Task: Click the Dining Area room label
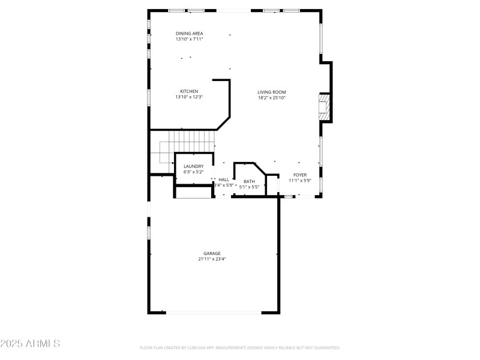tap(189, 33)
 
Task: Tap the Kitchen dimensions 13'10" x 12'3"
tap(189, 97)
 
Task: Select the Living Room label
tap(272, 92)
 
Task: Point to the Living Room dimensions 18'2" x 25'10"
tap(272, 98)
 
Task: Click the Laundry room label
tap(193, 166)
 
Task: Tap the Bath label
tap(249, 181)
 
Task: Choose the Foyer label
tap(300, 175)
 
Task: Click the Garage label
tap(212, 253)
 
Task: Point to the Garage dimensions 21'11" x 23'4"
tap(212, 259)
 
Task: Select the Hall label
tap(224, 179)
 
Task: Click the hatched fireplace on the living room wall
tap(324, 107)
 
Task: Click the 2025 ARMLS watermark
tap(30, 344)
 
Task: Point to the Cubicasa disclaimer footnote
tap(240, 347)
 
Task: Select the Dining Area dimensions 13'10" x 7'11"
tap(189, 39)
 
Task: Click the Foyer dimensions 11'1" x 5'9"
tap(300, 181)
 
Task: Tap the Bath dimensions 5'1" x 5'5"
tap(249, 187)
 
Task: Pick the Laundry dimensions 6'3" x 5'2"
tap(193, 172)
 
